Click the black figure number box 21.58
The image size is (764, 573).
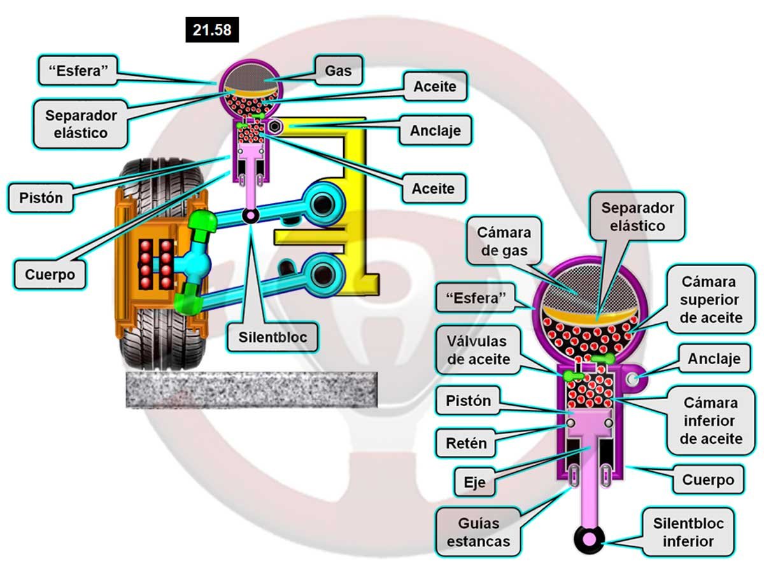click(212, 29)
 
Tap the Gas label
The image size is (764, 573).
click(338, 71)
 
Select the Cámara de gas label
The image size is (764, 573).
click(504, 241)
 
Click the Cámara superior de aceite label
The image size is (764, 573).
click(711, 299)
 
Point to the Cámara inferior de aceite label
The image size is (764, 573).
click(711, 420)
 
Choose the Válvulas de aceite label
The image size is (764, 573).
click(478, 350)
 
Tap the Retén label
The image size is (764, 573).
click(466, 443)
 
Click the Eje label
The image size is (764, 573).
click(474, 482)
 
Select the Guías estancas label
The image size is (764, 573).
click(478, 532)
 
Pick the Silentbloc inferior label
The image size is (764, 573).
click(688, 532)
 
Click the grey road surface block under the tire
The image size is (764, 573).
click(251, 389)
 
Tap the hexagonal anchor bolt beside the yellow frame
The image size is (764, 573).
click(275, 127)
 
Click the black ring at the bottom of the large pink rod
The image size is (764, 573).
click(589, 539)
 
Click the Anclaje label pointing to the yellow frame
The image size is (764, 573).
click(435, 131)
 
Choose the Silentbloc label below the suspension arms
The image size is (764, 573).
click(272, 337)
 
